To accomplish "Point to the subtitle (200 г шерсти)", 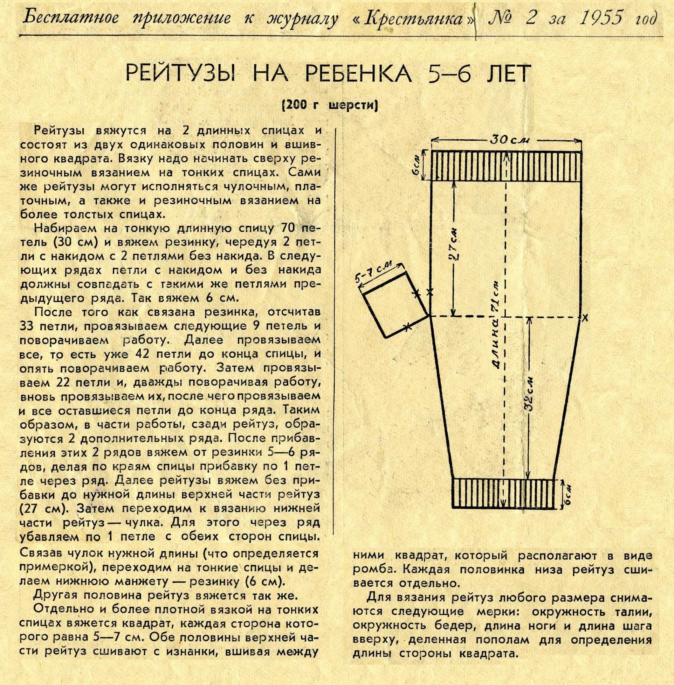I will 330,105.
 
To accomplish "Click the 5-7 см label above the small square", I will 379,271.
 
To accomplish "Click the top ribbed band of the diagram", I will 506,166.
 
